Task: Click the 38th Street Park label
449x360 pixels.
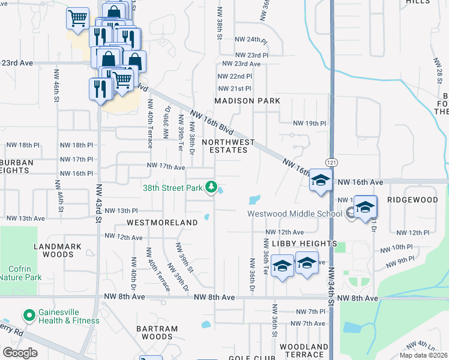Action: pyautogui.click(x=173, y=187)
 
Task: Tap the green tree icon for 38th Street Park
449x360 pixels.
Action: pyautogui.click(x=211, y=188)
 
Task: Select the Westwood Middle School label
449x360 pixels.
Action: pyautogui.click(x=294, y=214)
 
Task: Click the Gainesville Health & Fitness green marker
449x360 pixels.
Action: pyautogui.click(x=28, y=315)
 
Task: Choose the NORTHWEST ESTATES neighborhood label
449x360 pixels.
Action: pyautogui.click(x=228, y=146)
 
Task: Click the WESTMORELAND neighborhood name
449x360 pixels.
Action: pyautogui.click(x=162, y=223)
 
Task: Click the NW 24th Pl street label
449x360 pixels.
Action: pyautogui.click(x=250, y=40)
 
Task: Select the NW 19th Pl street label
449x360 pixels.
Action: pyautogui.click(x=309, y=123)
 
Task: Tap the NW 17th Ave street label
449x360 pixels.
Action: pyautogui.click(x=166, y=167)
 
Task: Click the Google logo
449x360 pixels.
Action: pyautogui.click(x=20, y=353)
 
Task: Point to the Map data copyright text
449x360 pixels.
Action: pyautogui.click(x=424, y=355)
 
